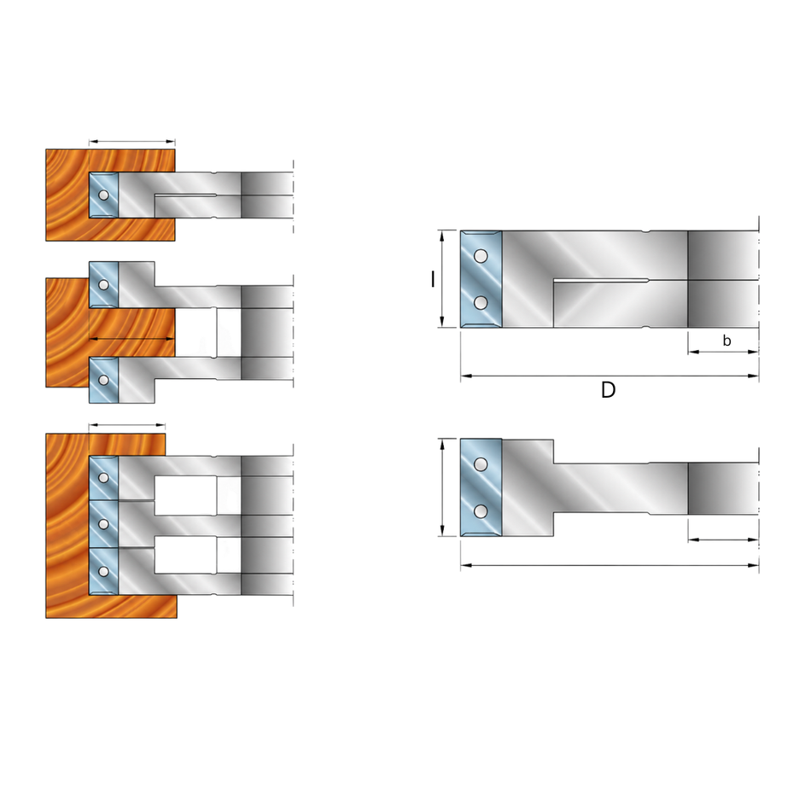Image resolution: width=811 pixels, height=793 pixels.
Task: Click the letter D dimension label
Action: click(x=608, y=390)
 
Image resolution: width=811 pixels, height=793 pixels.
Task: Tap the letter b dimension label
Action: click(x=726, y=341)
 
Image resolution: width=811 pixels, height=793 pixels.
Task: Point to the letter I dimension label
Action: click(x=433, y=279)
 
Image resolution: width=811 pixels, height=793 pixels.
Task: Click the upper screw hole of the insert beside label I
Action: click(x=481, y=256)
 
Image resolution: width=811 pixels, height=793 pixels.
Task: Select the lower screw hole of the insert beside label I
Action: click(x=481, y=302)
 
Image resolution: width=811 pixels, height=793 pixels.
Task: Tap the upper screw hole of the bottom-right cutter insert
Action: click(x=481, y=464)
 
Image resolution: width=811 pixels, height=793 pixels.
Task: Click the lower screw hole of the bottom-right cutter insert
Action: click(x=481, y=511)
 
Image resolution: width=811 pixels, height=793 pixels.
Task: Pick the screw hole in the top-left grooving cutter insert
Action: click(x=103, y=195)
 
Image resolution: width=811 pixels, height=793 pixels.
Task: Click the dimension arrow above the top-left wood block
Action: click(x=131, y=141)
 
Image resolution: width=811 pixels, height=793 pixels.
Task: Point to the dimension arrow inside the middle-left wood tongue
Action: click(x=131, y=340)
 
